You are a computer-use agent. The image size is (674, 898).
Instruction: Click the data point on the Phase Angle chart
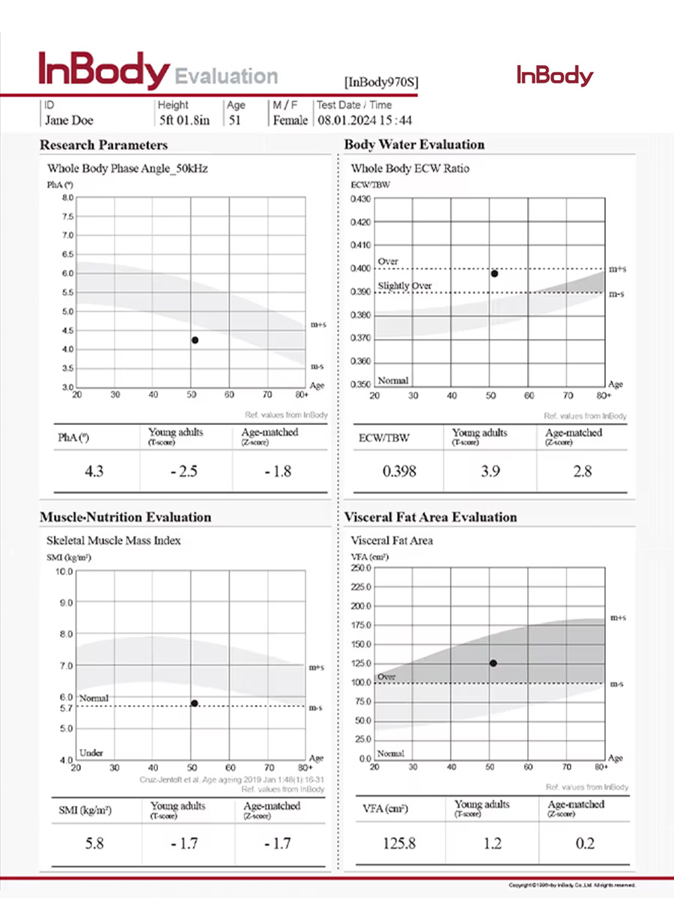pos(195,340)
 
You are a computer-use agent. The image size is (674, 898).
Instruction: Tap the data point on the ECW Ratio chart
pos(494,273)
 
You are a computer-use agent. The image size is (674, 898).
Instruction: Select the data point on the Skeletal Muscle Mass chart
pos(195,703)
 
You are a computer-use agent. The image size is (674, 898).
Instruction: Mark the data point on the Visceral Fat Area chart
pos(494,663)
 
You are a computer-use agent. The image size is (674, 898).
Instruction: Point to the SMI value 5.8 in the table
pos(94,843)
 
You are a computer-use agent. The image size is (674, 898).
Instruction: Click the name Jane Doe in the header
pos(69,120)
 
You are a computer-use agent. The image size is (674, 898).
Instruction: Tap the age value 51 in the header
pos(234,120)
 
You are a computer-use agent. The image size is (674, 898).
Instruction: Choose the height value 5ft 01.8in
pos(184,120)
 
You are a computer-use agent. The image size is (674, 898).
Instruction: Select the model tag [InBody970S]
pos(380,82)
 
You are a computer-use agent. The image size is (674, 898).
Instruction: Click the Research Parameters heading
pos(103,144)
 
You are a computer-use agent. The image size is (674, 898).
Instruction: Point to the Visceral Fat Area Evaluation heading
pos(431,517)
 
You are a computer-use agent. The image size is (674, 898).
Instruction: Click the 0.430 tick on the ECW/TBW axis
pos(361,198)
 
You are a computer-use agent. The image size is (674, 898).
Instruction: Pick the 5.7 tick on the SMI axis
pos(65,707)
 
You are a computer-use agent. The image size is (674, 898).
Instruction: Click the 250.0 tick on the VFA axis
pos(361,568)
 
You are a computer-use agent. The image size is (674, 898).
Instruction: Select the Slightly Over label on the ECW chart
pos(404,286)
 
